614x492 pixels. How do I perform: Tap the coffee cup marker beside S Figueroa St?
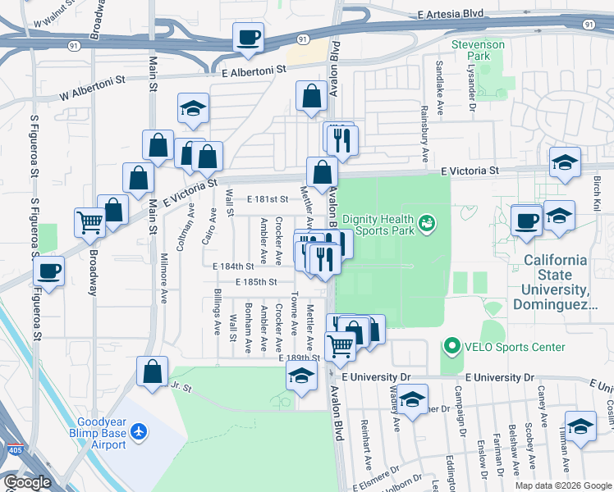coord(49,271)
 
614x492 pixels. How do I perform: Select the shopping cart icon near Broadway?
coord(90,221)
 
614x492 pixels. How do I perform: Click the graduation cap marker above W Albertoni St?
coord(193,109)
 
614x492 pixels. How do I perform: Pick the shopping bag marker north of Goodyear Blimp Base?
coord(153,371)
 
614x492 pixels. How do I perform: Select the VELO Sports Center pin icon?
coord(451,347)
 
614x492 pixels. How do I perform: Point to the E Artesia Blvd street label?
coord(451,16)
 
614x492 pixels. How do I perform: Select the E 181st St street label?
coord(268,199)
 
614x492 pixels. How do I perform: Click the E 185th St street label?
coord(254,281)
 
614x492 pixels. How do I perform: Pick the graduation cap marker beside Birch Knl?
coord(565,162)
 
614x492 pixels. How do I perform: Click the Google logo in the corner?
coord(27,482)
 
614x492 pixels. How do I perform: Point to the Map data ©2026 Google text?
coord(562,485)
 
